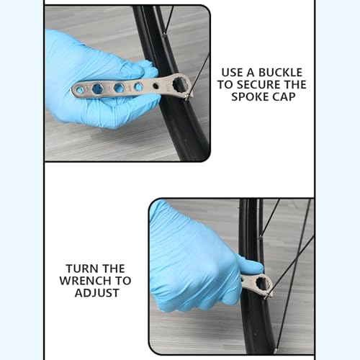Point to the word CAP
292,96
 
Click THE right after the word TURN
113,268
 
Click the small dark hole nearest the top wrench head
138,86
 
